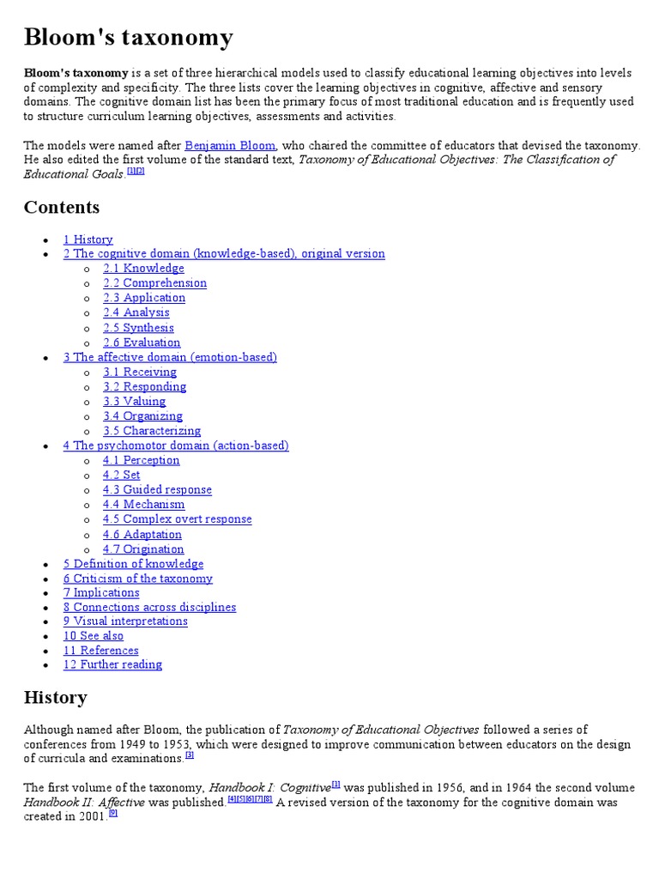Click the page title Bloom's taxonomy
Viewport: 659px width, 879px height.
click(128, 38)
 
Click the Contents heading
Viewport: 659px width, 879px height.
click(62, 207)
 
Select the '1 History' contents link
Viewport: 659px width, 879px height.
click(88, 239)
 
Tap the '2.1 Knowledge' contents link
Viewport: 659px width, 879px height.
click(143, 269)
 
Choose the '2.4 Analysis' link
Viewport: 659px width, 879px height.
click(136, 312)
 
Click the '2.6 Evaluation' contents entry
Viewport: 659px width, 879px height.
click(142, 343)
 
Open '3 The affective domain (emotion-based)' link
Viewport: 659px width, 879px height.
click(170, 357)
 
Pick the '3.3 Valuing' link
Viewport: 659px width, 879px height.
click(134, 402)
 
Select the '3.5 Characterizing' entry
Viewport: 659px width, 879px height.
click(152, 431)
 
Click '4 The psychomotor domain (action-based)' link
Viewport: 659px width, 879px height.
click(176, 446)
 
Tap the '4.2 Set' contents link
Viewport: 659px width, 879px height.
click(121, 475)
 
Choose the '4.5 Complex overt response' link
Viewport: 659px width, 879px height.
click(178, 519)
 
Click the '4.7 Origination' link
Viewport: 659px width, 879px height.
click(143, 549)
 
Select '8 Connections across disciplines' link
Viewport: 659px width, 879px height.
click(149, 608)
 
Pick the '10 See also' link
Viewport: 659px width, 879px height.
click(93, 636)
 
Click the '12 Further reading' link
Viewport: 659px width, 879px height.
click(112, 664)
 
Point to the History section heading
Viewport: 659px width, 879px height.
click(55, 697)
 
